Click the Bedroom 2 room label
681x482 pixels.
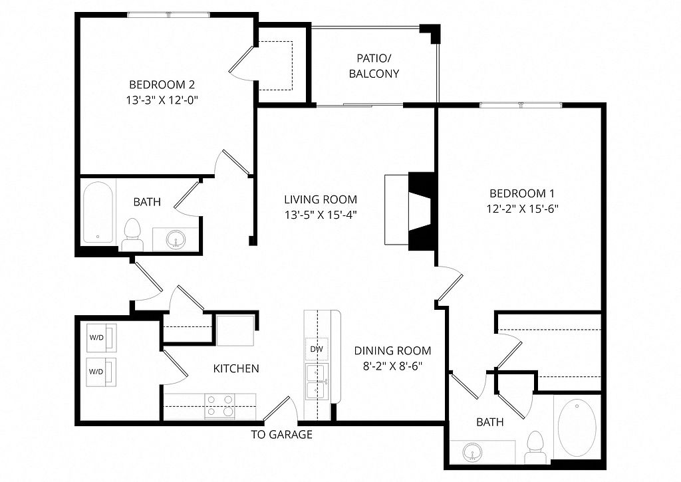pyautogui.click(x=162, y=84)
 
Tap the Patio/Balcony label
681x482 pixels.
pyautogui.click(x=374, y=66)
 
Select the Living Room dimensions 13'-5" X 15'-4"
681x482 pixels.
pyautogui.click(x=321, y=215)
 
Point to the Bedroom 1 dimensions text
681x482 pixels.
pyautogui.click(x=522, y=209)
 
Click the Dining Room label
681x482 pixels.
pyautogui.click(x=392, y=350)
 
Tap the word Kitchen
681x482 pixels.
pyautogui.click(x=236, y=369)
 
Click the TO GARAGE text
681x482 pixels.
pyautogui.click(x=281, y=434)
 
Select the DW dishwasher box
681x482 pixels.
pyautogui.click(x=317, y=349)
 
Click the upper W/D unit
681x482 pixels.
pyautogui.click(x=102, y=338)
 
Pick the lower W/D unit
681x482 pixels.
pyautogui.click(x=102, y=372)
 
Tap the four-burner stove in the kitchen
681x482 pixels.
pyautogui.click(x=219, y=406)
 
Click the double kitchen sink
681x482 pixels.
pyautogui.click(x=317, y=382)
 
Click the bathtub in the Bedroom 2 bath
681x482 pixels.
pyautogui.click(x=98, y=212)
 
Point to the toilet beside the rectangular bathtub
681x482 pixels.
pyautogui.click(x=132, y=235)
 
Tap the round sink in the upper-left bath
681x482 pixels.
pyautogui.click(x=176, y=239)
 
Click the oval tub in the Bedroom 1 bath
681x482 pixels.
pyautogui.click(x=577, y=427)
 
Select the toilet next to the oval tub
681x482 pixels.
pyautogui.click(x=535, y=447)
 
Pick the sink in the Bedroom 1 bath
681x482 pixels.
pyautogui.click(x=472, y=452)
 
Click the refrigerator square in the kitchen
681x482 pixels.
pyautogui.click(x=235, y=330)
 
